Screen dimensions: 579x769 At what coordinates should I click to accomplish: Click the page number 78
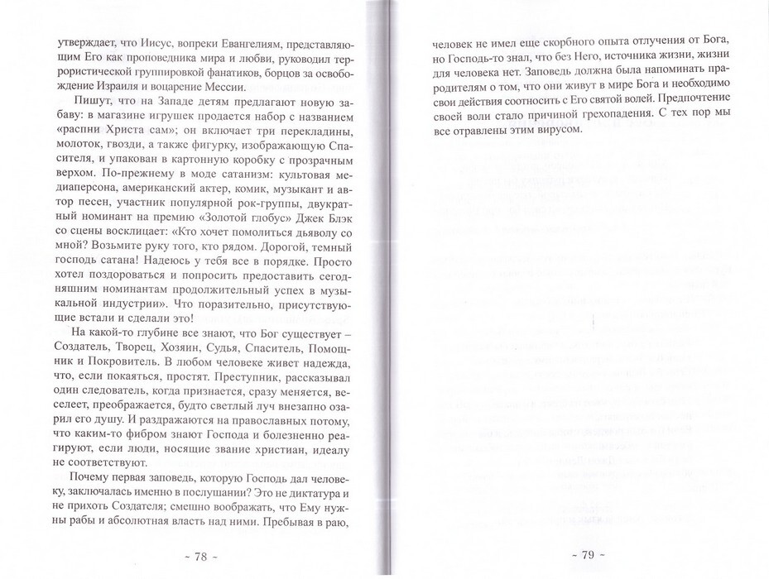(x=200, y=556)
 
